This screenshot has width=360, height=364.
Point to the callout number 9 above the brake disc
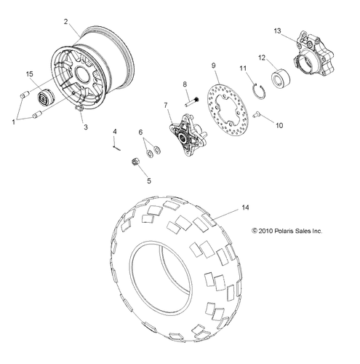(214, 66)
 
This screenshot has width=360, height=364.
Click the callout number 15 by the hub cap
(29, 74)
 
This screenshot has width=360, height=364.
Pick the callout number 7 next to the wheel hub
(167, 106)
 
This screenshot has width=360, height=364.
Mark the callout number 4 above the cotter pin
(114, 131)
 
